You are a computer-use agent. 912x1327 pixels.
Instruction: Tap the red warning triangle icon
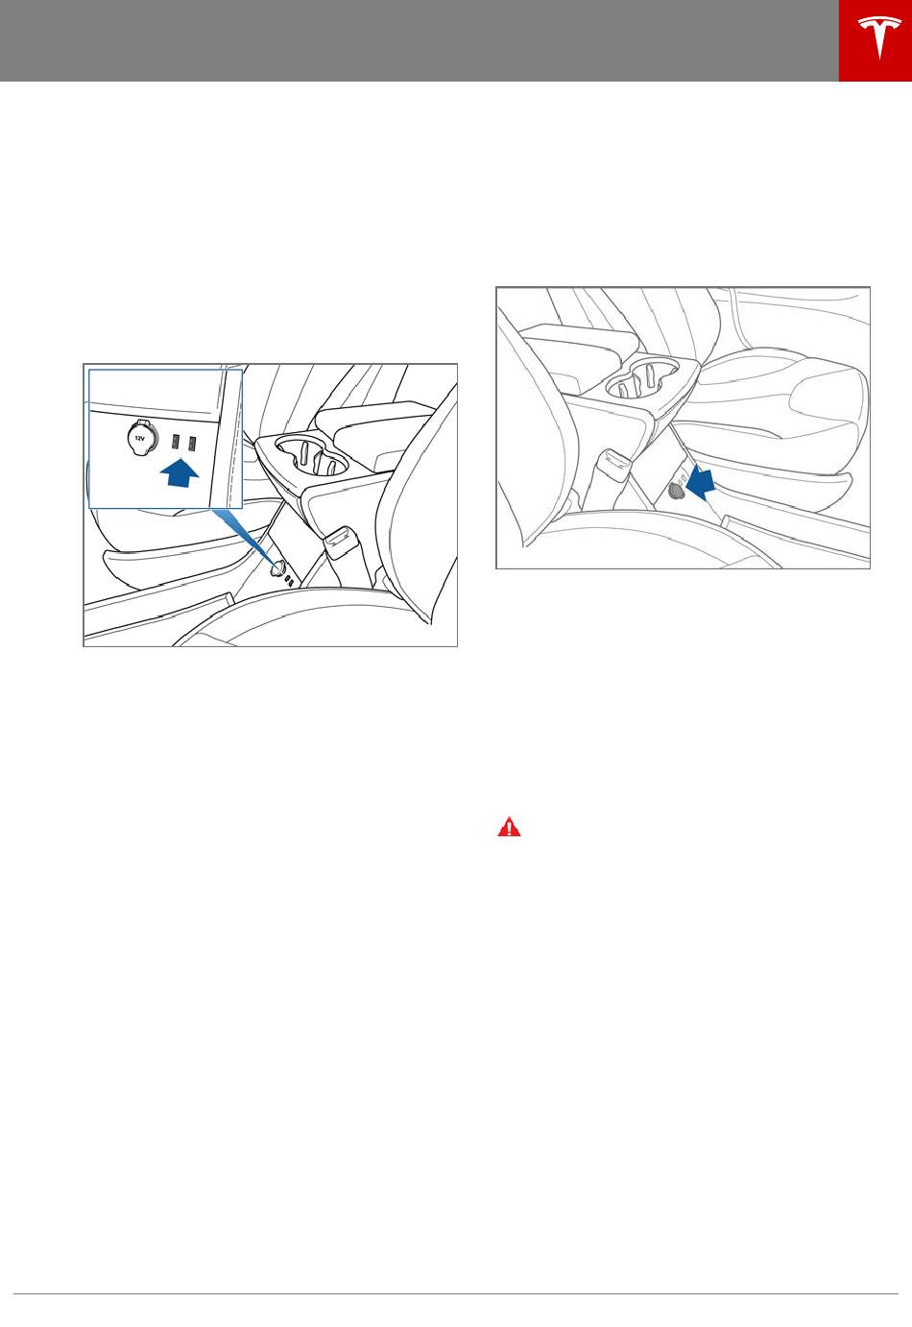[510, 827]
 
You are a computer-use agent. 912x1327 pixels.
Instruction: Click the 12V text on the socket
[139, 439]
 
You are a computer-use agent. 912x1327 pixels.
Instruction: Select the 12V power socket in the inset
[140, 439]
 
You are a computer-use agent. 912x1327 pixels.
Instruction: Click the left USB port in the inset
[176, 442]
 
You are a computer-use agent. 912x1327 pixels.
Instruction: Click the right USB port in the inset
[192, 442]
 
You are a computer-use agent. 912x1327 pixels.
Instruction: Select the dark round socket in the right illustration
[675, 491]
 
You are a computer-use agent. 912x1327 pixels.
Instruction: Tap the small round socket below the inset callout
[276, 568]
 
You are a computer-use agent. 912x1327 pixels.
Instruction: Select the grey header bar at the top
[420, 40]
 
